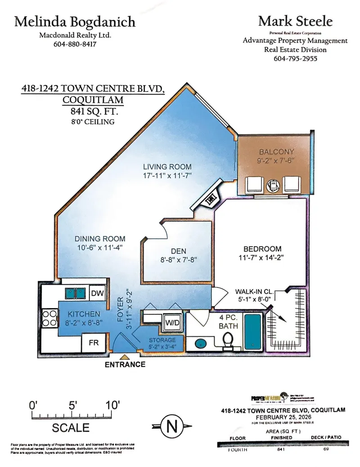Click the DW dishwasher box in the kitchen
(97, 293)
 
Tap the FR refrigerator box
(94, 343)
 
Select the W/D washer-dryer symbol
(171, 322)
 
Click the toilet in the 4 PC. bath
(229, 340)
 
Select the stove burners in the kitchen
(47, 319)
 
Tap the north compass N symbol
(171, 425)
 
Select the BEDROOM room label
(262, 249)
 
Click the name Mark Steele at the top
(295, 21)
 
